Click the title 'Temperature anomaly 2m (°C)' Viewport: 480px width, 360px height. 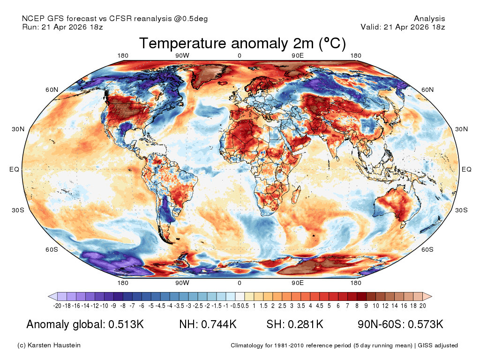tap(242, 44)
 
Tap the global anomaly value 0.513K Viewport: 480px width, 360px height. tap(126, 324)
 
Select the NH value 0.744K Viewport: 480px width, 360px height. tap(218, 324)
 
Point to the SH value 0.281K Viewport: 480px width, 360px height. tap(306, 324)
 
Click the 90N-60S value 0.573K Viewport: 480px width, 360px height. tap(426, 324)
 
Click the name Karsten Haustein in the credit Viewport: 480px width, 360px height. tap(54, 345)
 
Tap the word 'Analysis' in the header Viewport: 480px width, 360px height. tap(429, 19)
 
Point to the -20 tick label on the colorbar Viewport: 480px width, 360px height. tap(57, 306)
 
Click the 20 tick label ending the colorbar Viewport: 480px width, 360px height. tap(422, 306)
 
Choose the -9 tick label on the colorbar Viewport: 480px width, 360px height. tap(113, 306)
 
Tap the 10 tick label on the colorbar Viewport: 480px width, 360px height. tap(375, 306)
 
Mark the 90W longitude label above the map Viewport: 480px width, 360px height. tap(182, 56)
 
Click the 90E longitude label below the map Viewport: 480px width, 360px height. tap(298, 283)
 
